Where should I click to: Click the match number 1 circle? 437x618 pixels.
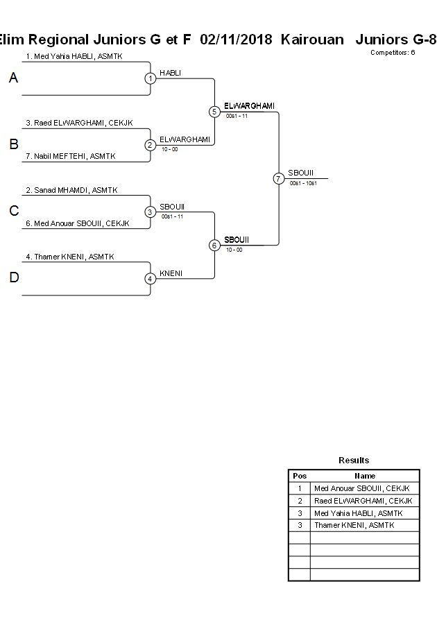(x=151, y=78)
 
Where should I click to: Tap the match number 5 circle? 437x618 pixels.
(x=214, y=112)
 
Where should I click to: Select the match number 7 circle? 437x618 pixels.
(x=278, y=178)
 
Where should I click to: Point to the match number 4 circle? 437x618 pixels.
(x=151, y=279)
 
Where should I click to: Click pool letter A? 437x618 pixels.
(x=13, y=78)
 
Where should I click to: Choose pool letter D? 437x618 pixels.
(x=13, y=278)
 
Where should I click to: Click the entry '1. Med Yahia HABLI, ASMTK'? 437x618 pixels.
(x=74, y=56)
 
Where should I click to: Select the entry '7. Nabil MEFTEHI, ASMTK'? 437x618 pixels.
(x=70, y=157)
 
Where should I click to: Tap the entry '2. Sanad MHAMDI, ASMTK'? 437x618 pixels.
(x=71, y=190)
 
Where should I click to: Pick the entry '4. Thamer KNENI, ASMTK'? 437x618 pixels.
(x=70, y=257)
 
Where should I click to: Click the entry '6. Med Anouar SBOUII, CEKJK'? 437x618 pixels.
(x=78, y=223)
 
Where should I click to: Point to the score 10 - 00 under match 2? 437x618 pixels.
(x=169, y=149)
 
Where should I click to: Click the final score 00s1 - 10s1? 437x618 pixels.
(x=303, y=183)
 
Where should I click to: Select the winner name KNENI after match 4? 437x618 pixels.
(x=171, y=273)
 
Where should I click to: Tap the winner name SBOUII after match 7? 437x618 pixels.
(x=301, y=173)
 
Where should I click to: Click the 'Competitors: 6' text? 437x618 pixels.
(x=392, y=53)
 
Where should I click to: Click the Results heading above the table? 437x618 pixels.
(x=354, y=461)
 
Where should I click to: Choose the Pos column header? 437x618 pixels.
(x=300, y=476)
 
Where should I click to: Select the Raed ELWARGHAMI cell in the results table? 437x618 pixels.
(x=363, y=501)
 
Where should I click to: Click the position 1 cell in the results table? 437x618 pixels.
(x=300, y=488)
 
